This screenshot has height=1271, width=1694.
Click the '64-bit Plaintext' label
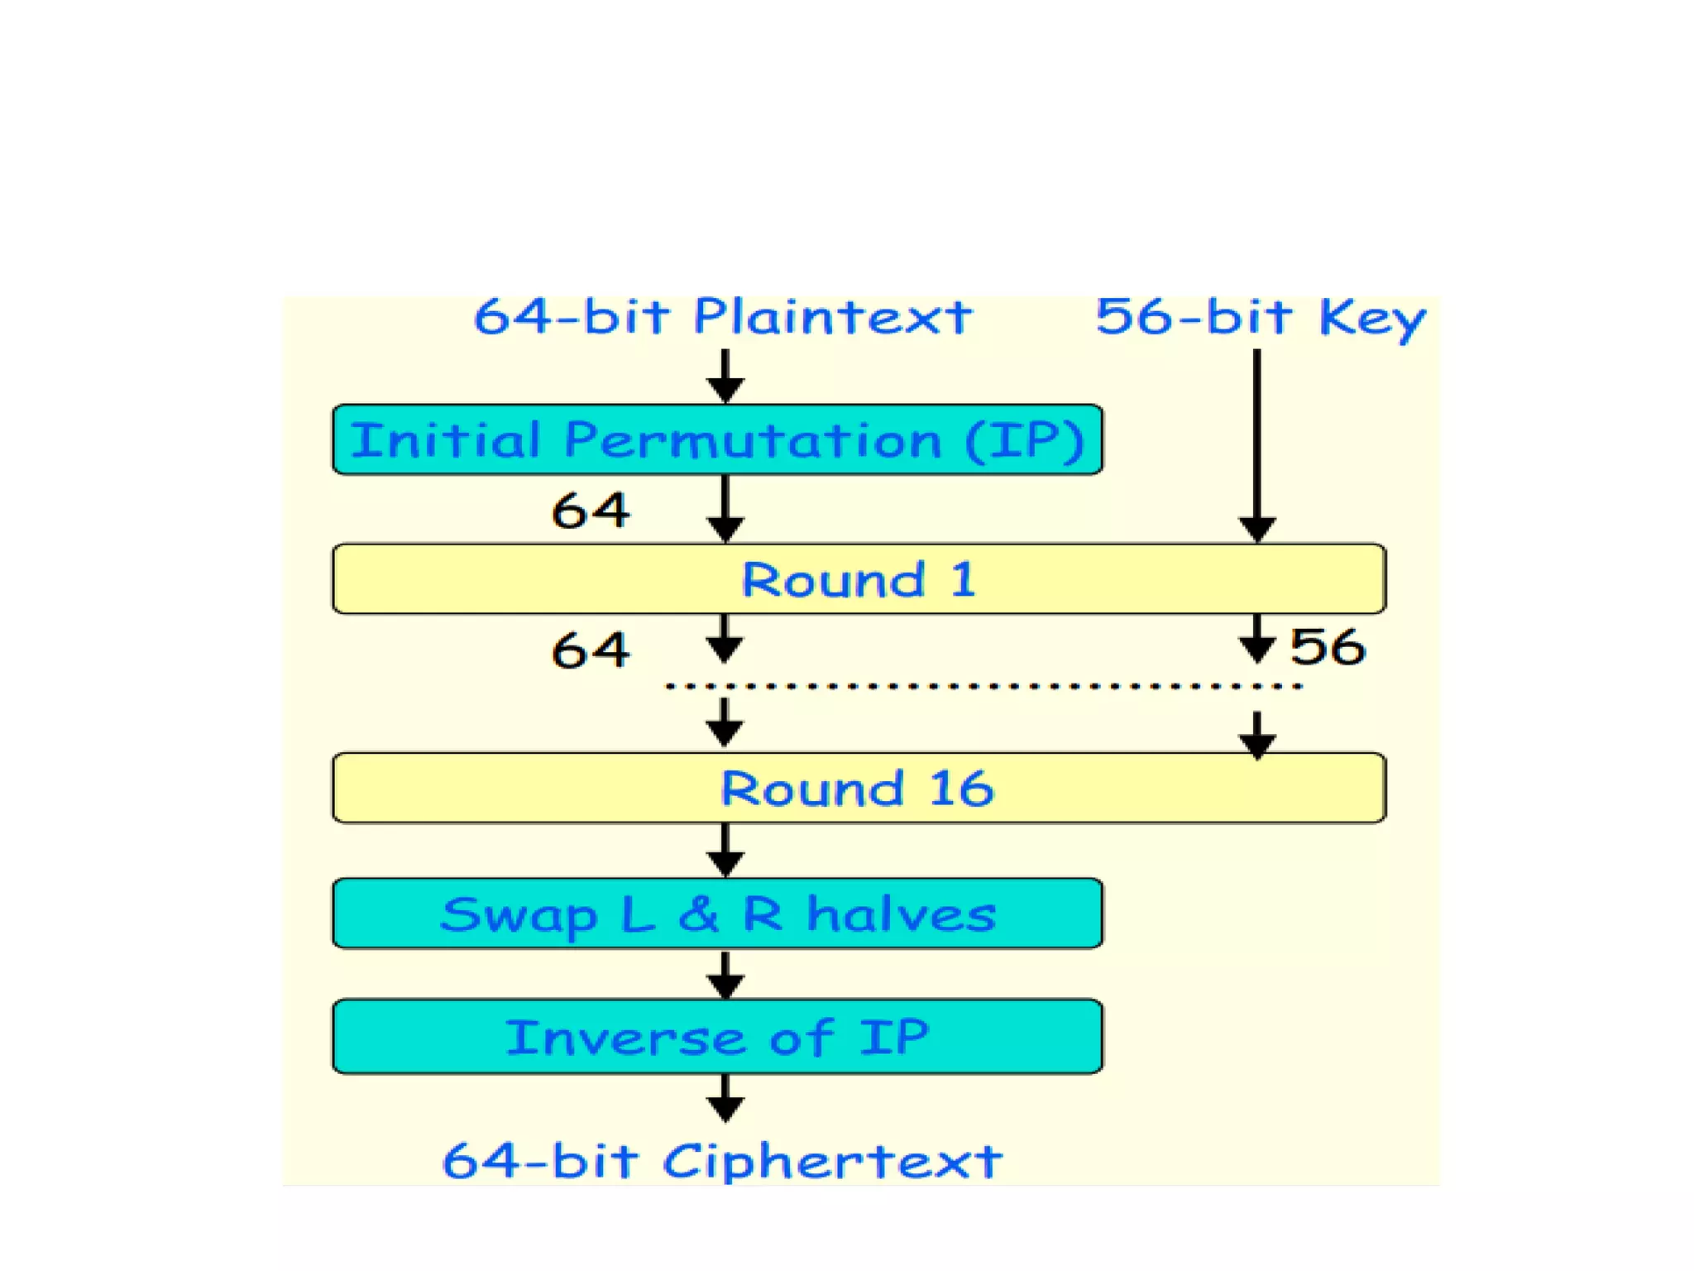click(722, 318)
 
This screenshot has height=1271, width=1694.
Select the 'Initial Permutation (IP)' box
click(717, 439)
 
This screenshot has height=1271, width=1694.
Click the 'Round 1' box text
click(859, 579)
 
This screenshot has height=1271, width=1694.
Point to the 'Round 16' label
click(857, 789)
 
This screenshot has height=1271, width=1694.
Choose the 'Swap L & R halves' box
click(717, 914)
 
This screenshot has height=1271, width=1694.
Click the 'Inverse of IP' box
click(717, 1037)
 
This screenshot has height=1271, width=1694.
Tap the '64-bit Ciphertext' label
click(722, 1161)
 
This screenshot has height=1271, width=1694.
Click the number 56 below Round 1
click(1327, 647)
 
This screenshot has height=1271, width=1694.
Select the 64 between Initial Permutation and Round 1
click(591, 511)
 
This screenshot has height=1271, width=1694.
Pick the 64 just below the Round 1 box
click(591, 650)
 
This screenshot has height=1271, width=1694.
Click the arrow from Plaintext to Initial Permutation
click(725, 377)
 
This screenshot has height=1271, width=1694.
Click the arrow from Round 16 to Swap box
click(725, 851)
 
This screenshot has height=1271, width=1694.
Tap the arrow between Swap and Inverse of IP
click(725, 975)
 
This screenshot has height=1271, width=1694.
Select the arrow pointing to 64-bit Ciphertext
click(725, 1099)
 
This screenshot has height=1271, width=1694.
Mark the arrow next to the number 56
click(1256, 640)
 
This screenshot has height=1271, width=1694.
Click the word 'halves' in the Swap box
click(901, 914)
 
